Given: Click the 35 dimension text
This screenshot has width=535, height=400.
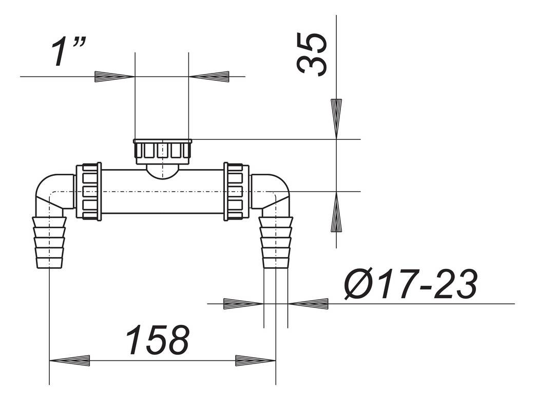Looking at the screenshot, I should [312, 54].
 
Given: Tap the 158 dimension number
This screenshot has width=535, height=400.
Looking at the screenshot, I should [158, 340].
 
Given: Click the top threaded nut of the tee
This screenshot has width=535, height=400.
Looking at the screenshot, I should [162, 151].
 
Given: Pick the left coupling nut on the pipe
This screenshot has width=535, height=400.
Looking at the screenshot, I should [89, 191].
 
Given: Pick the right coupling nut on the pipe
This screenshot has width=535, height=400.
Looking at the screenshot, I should [236, 191].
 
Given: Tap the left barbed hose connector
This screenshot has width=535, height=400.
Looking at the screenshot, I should [50, 242].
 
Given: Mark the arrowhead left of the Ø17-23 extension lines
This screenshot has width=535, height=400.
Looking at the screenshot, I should [244, 304].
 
